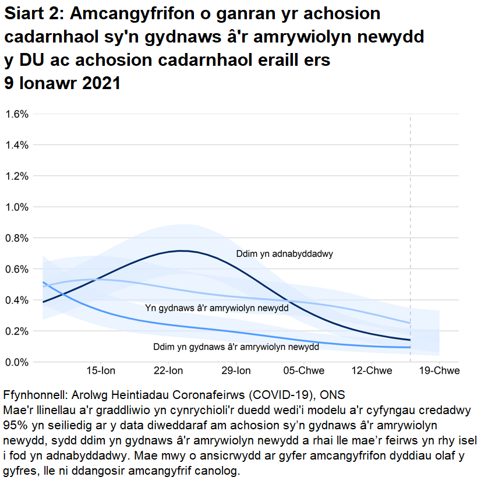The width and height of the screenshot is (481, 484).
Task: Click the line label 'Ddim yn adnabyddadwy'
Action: click(288, 254)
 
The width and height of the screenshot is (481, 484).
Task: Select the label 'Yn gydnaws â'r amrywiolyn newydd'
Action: click(217, 308)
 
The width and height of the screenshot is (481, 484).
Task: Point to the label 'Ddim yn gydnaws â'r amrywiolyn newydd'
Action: click(236, 347)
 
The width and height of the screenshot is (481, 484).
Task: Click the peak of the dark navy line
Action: click(182, 251)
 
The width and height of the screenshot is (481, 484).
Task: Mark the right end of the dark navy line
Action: click(411, 340)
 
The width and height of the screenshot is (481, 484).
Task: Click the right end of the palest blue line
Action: click(411, 323)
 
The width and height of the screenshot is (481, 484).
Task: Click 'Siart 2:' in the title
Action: click(33, 15)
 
